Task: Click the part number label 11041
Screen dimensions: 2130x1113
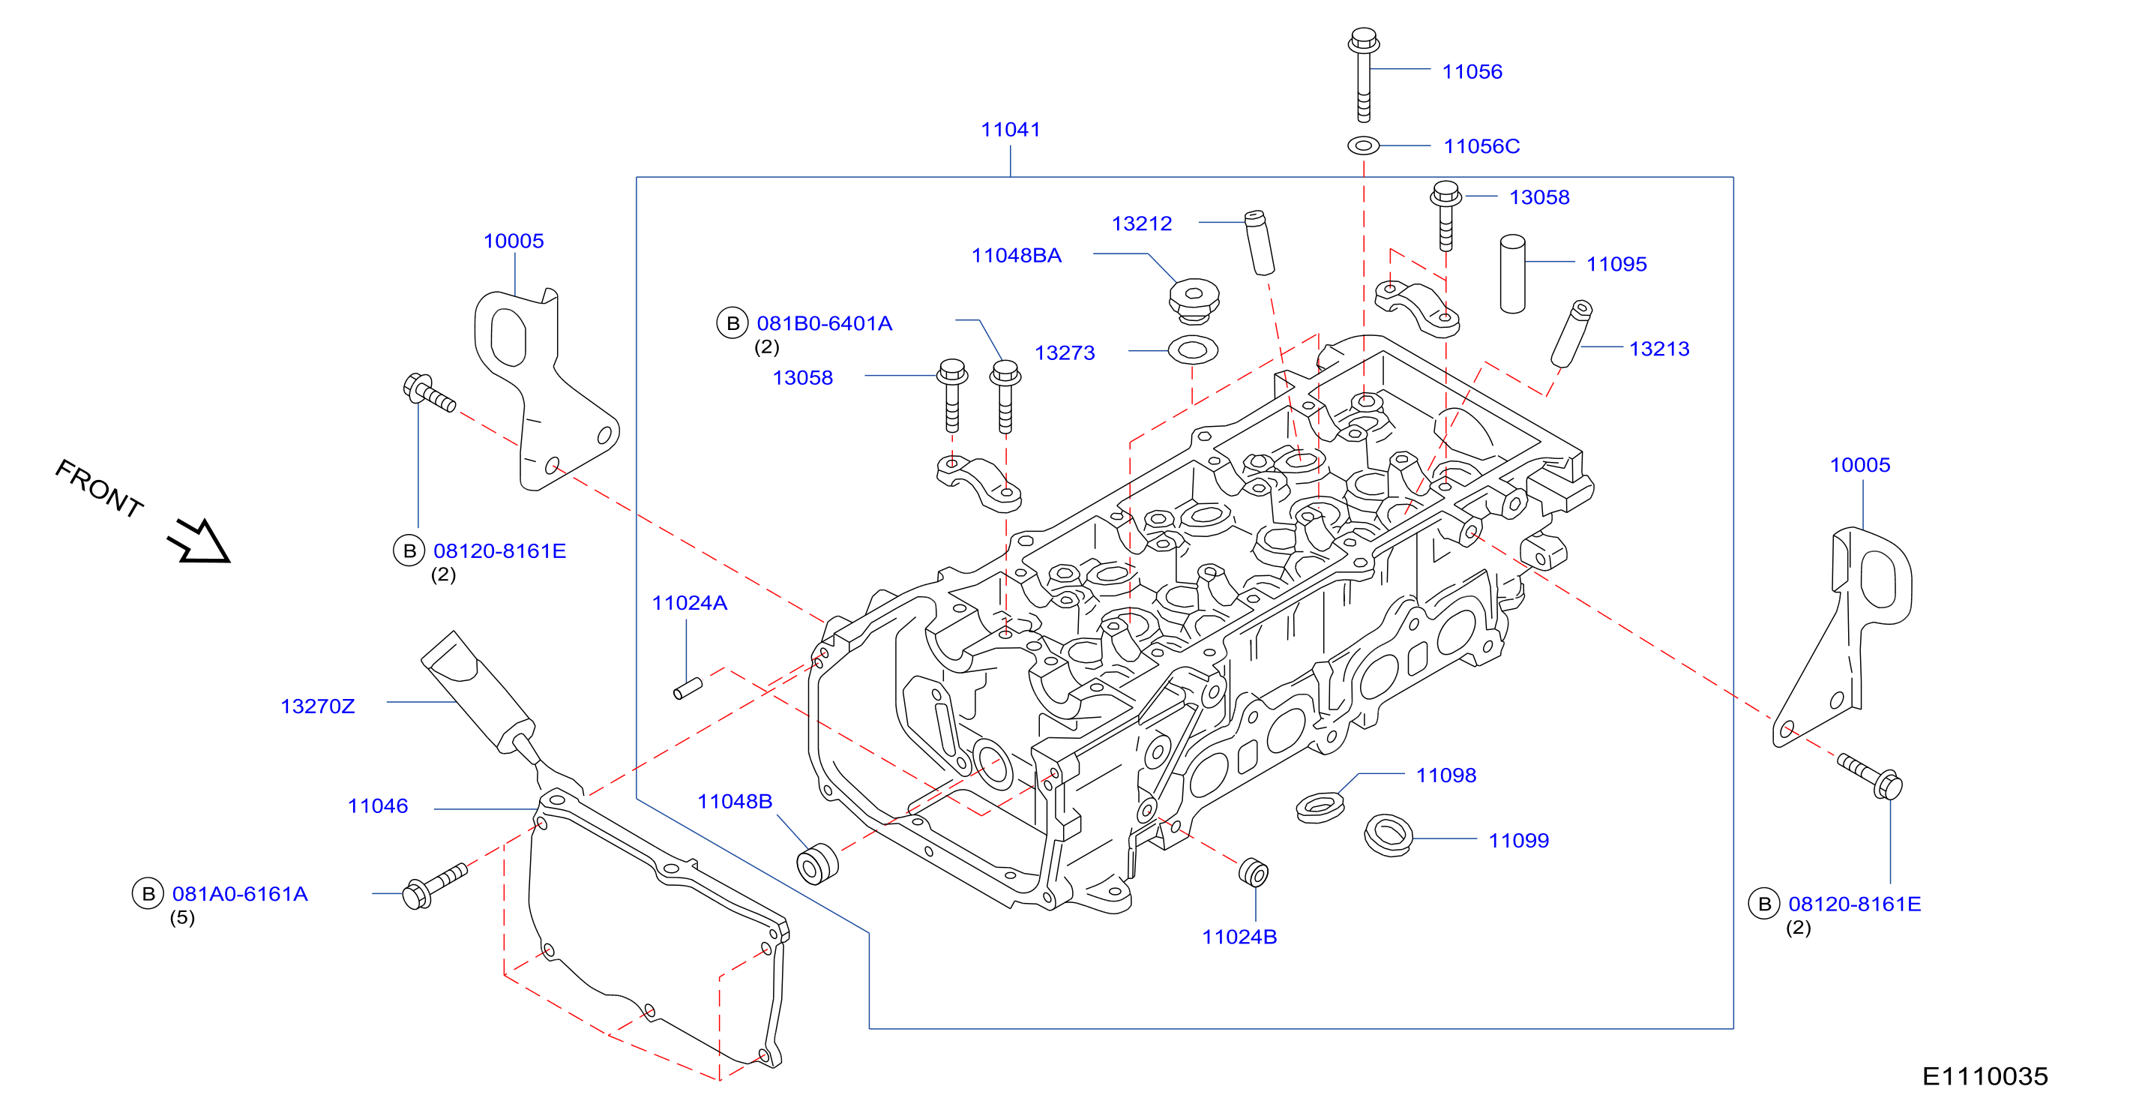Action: point(1010,130)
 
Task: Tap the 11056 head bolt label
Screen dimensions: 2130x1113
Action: point(1472,72)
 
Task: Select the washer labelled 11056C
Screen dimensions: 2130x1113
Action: point(1364,145)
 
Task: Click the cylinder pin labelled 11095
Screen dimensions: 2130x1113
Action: point(1512,274)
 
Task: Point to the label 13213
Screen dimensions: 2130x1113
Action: point(1658,349)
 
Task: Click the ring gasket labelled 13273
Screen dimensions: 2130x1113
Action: point(1192,349)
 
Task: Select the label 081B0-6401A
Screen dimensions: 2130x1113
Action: point(825,323)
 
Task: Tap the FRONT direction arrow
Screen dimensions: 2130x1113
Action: point(199,541)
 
